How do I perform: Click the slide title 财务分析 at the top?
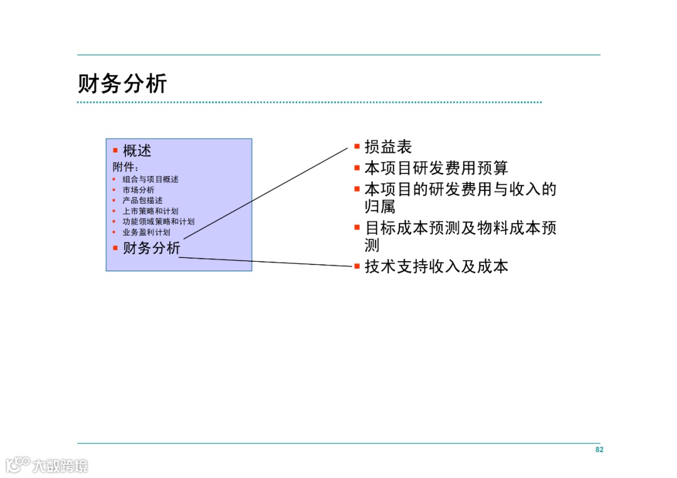122,83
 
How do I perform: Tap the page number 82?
599,450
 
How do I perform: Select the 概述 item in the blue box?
137,151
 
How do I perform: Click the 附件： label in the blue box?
125,167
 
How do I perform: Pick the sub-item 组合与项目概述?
150,179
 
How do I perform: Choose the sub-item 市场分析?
138,190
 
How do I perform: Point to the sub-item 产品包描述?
142,200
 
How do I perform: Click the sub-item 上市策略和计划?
150,211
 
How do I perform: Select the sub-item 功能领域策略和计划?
158,222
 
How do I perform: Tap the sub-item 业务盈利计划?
146,232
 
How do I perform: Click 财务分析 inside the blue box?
151,248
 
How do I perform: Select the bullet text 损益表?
388,147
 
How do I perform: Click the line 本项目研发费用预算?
436,168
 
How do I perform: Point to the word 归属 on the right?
380,206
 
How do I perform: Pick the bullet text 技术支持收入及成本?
436,266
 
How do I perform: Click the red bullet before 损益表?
357,147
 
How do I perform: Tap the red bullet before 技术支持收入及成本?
357,266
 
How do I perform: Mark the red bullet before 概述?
115,150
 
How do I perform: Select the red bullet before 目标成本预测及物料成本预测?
357,227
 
